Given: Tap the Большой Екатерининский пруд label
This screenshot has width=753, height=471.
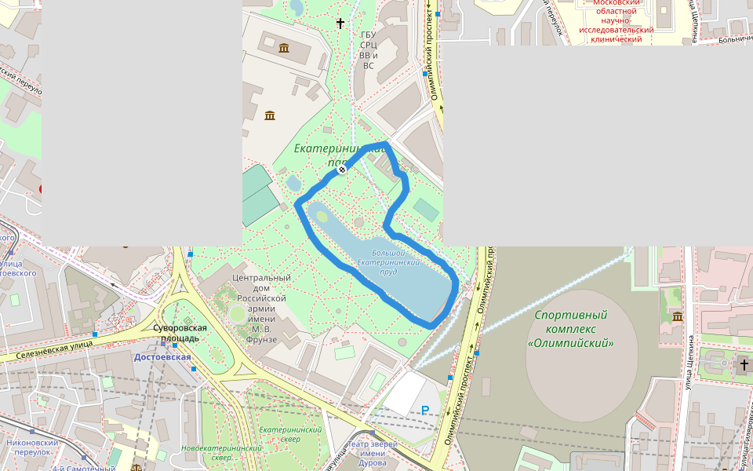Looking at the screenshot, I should click(x=384, y=262).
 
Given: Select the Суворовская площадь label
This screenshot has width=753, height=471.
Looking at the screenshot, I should click(x=180, y=333).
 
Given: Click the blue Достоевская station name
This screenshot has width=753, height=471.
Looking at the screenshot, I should click(x=162, y=357).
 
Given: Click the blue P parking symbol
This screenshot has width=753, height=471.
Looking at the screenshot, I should click(x=425, y=410).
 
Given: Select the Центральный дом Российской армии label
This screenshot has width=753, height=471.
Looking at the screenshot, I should click(x=262, y=309).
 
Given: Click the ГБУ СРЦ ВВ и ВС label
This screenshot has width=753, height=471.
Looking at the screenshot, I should click(x=368, y=50).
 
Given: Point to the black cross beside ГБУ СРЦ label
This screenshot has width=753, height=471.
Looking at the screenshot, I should click(x=340, y=24).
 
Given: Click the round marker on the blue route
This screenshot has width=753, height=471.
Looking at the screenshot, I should click(x=342, y=170).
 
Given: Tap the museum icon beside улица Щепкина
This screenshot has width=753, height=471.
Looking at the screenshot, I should click(x=677, y=316).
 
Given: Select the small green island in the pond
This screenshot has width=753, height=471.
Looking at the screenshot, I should click(x=322, y=216).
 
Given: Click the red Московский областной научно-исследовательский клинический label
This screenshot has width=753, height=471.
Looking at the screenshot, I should click(x=616, y=20).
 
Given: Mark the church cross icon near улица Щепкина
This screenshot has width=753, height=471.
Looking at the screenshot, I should click(x=744, y=364).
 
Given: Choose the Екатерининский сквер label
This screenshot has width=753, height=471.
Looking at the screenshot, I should click(x=291, y=434).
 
